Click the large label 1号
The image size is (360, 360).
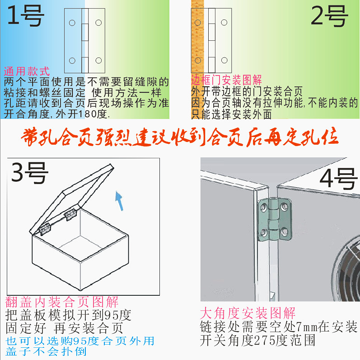26,17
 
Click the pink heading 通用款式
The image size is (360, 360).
27,72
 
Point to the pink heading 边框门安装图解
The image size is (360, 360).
226,80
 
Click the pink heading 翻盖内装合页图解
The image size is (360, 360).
62,302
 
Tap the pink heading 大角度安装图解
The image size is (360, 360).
248,313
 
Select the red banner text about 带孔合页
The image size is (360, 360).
180,137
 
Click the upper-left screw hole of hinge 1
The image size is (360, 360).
72,22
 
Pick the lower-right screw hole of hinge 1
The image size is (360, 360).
98,61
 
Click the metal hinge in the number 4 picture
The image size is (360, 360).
272,220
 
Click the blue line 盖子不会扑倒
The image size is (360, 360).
46,351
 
